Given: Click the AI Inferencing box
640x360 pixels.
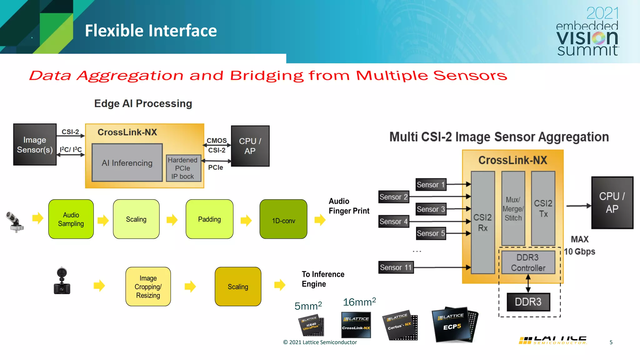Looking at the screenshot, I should pyautogui.click(x=127, y=162).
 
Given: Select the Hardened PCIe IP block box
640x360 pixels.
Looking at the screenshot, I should pyautogui.click(x=183, y=168).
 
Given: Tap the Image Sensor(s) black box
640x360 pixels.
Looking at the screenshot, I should pyautogui.click(x=35, y=145).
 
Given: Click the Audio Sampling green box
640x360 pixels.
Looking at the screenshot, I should pyautogui.click(x=71, y=219).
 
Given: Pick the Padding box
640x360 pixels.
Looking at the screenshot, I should pyautogui.click(x=209, y=219).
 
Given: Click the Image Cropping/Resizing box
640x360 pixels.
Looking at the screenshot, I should pyautogui.click(x=148, y=287).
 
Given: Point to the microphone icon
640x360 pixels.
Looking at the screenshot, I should pyautogui.click(x=15, y=222).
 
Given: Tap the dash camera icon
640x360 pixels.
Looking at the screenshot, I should pyautogui.click(x=62, y=281).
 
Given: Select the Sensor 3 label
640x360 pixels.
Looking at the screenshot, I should pyautogui.click(x=431, y=209).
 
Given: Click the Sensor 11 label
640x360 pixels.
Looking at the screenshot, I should pyautogui.click(x=396, y=267).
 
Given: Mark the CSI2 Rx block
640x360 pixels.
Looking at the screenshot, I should pyautogui.click(x=483, y=222).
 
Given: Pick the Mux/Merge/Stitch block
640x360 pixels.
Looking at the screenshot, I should pyautogui.click(x=513, y=208).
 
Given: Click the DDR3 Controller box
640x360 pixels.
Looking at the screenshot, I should pyautogui.click(x=528, y=262).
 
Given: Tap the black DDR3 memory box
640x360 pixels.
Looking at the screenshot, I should pyautogui.click(x=528, y=302).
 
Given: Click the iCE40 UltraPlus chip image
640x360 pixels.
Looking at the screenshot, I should pyautogui.click(x=311, y=326).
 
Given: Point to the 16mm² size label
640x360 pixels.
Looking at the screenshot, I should pyautogui.click(x=359, y=302).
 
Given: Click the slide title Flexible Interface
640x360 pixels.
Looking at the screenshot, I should pyautogui.click(x=151, y=31).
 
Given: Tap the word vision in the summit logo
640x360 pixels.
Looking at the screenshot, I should pyautogui.click(x=587, y=38).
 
